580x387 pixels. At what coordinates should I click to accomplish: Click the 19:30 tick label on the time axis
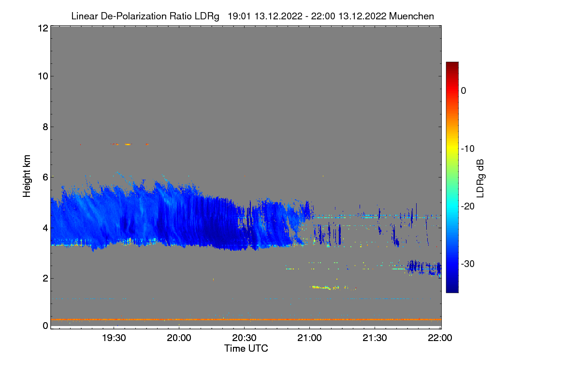click(x=114, y=338)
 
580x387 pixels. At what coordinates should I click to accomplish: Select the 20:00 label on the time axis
click(x=179, y=338)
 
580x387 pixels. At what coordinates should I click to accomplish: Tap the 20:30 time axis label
click(x=244, y=338)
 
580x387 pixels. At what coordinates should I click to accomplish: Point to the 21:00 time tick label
click(x=309, y=338)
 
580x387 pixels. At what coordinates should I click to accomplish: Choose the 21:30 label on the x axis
click(x=375, y=338)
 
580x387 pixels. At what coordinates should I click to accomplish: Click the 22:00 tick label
click(x=440, y=338)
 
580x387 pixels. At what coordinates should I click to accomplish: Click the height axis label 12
click(x=42, y=29)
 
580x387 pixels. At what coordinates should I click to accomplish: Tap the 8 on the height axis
click(x=44, y=127)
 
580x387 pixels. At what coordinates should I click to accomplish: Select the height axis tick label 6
click(x=44, y=177)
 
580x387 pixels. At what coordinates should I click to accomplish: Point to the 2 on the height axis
click(x=44, y=278)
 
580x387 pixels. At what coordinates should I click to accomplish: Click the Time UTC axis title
click(x=246, y=348)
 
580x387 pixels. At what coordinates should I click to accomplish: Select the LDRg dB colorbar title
click(x=480, y=178)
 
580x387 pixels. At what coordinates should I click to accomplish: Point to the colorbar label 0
click(x=464, y=90)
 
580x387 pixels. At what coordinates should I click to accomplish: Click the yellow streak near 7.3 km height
click(x=128, y=144)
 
